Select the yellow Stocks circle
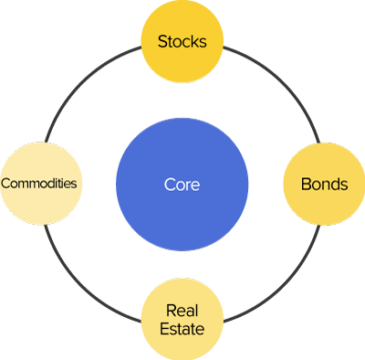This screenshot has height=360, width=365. pyautogui.click(x=182, y=41)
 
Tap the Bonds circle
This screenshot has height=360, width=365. pyautogui.click(x=324, y=184)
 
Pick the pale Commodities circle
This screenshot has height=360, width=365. pyautogui.click(x=39, y=183)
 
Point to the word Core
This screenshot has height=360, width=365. pyautogui.click(x=182, y=185)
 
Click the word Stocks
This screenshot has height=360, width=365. pyautogui.click(x=182, y=41)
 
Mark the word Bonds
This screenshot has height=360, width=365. pyautogui.click(x=324, y=184)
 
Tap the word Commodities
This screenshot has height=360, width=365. pyautogui.click(x=39, y=183)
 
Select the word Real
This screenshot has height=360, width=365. pyautogui.click(x=182, y=311)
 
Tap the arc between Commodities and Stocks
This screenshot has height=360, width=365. pyautogui.click(x=82, y=83)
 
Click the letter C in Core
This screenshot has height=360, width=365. pyautogui.click(x=169, y=185)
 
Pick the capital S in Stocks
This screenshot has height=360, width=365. pyautogui.click(x=162, y=41)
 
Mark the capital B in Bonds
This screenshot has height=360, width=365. pyautogui.click(x=306, y=184)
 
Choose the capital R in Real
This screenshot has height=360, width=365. pyautogui.click(x=170, y=311)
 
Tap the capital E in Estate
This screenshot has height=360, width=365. pyautogui.click(x=164, y=329)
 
